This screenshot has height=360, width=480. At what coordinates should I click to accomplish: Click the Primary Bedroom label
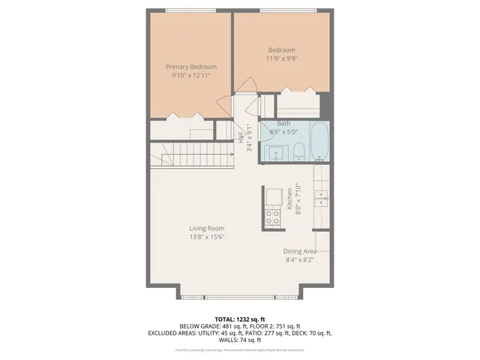point(188,66)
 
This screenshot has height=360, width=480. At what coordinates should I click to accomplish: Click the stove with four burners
point(271,217)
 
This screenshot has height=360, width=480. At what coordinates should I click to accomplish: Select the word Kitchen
point(289,199)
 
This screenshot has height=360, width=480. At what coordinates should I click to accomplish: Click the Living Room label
point(207,229)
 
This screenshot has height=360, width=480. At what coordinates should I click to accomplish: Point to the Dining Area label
point(300,251)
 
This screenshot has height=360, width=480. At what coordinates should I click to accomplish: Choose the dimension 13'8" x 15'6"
point(207,237)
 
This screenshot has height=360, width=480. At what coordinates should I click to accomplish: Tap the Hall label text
point(241,137)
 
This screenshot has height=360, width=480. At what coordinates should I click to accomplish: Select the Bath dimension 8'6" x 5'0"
point(283,131)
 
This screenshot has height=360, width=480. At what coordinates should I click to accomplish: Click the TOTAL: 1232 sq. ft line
point(240,319)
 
